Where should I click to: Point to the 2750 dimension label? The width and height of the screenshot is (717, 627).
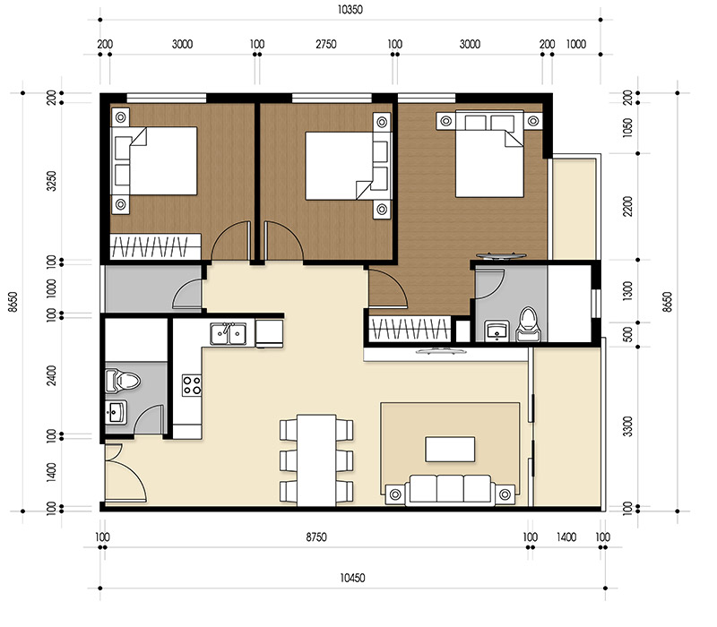point(324,43)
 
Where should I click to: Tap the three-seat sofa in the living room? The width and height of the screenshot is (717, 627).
point(448,489)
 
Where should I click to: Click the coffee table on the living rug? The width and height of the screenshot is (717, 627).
point(450,448)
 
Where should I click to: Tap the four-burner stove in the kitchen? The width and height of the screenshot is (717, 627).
point(192,385)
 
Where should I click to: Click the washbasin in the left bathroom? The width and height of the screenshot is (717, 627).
point(117,414)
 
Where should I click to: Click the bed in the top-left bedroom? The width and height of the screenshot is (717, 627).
point(161,161)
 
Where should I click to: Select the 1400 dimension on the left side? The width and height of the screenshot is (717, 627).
point(51,472)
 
